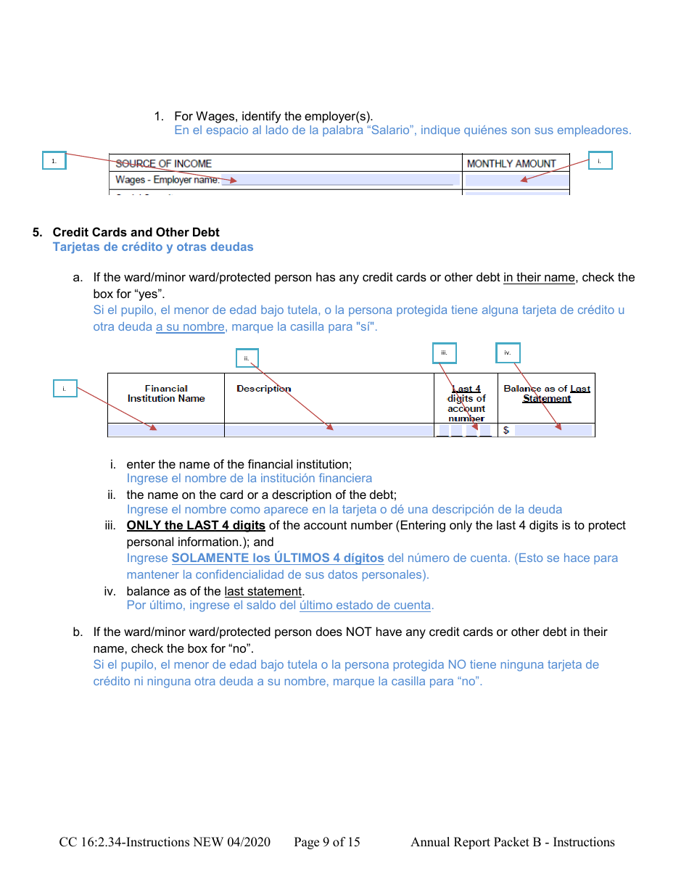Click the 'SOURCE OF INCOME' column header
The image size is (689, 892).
tap(163, 164)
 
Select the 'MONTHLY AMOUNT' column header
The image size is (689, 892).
tap(511, 164)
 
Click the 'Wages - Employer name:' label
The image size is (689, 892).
tap(167, 180)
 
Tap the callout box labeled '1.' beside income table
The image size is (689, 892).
tap(54, 161)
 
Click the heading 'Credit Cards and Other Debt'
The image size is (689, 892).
tap(136, 232)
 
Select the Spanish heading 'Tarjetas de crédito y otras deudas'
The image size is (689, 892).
tap(153, 247)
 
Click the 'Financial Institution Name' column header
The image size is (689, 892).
tap(166, 394)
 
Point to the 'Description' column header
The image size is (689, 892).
tap(263, 389)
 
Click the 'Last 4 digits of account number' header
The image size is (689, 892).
tap(466, 403)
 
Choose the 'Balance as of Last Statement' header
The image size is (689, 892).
tap(547, 394)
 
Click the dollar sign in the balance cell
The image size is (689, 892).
tap(506, 431)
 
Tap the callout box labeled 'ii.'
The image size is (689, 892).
tap(247, 358)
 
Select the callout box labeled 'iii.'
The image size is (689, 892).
tap(444, 353)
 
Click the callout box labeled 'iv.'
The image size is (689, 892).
tap(508, 353)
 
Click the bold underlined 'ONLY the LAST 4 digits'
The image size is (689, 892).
tap(196, 525)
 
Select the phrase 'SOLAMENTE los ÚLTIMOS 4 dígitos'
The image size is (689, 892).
tap(278, 558)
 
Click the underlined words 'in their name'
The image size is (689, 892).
tap(539, 278)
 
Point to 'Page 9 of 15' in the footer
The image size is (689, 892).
tap(326, 842)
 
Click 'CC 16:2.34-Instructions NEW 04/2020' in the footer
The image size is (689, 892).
tap(165, 842)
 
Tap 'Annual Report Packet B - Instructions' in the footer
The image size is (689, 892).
tap(512, 842)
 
